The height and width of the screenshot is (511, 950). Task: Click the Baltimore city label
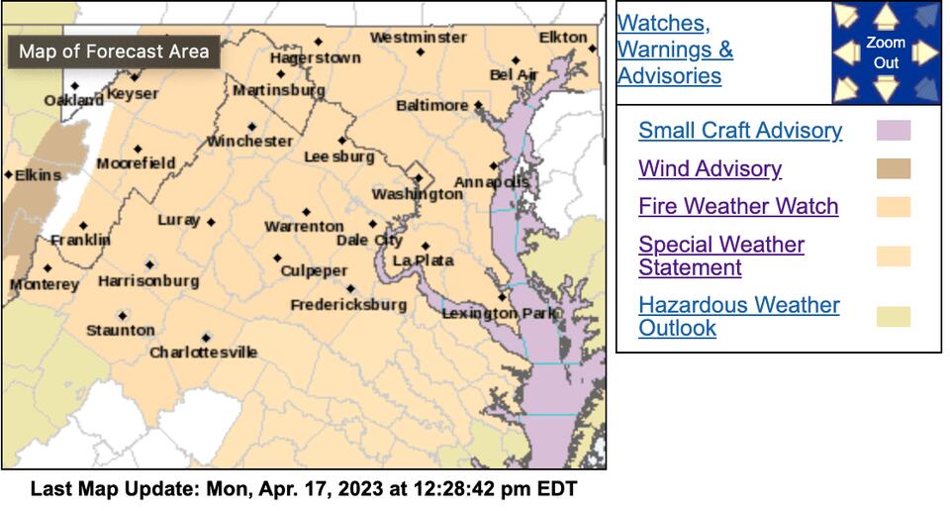tap(431, 105)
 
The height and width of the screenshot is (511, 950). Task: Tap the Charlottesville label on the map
tap(203, 353)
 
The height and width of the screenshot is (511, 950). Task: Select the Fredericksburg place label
tap(347, 305)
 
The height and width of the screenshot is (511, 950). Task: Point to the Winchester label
tap(249, 142)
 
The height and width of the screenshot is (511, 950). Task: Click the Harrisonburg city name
tap(147, 281)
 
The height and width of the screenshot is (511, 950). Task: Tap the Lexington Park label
tap(494, 313)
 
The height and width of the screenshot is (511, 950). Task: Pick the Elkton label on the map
tap(562, 38)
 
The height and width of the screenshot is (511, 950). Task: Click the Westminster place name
tap(418, 38)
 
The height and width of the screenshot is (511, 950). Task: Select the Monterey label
tap(44, 285)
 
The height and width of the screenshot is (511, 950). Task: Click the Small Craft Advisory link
tap(740, 131)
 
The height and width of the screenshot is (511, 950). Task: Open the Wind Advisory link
tap(710, 169)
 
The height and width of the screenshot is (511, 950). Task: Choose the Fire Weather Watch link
tap(738, 207)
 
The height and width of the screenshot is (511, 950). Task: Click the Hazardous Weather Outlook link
tap(738, 317)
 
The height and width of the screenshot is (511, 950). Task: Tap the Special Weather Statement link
tap(720, 255)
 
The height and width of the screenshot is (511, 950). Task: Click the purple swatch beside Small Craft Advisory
tap(893, 131)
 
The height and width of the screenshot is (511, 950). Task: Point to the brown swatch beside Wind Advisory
tap(893, 169)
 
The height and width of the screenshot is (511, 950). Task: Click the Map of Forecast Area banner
tap(114, 51)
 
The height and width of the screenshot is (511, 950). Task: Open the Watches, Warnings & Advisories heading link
tap(675, 50)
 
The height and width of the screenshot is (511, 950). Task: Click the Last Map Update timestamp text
tap(303, 489)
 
